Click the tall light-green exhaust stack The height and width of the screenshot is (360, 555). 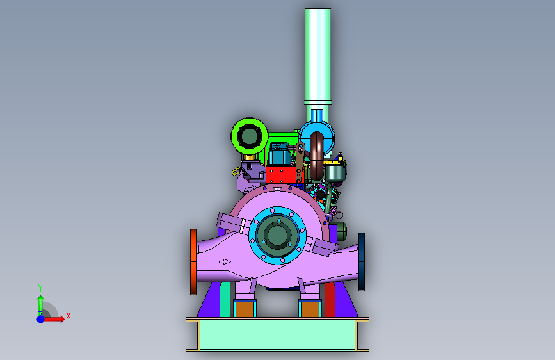click(x=318, y=57)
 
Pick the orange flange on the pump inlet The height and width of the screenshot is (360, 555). click(x=193, y=261)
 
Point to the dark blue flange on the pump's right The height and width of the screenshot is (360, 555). click(x=362, y=261)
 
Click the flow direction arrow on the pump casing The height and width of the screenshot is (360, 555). click(x=225, y=262)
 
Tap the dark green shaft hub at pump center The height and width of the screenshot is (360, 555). click(x=277, y=235)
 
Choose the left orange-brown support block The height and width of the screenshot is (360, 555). click(x=245, y=309)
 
